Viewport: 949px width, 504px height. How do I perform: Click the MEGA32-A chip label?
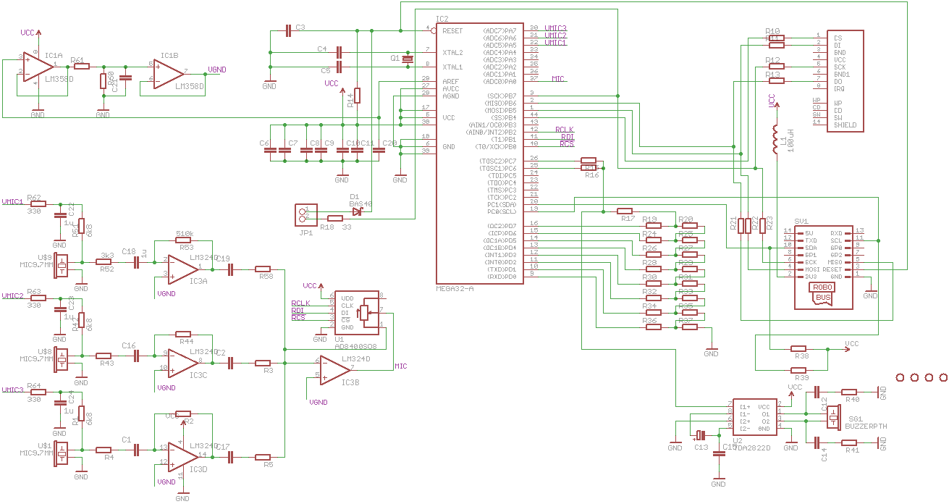coord(455,288)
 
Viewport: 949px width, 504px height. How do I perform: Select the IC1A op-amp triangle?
coord(34,65)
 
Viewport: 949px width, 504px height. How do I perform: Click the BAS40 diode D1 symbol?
coord(356,211)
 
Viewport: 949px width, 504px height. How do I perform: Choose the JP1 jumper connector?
coord(304,214)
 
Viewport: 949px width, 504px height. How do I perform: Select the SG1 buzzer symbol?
coord(833,418)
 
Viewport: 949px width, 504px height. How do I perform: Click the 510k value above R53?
coord(185,234)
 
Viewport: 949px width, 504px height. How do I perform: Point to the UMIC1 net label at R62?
coord(12,201)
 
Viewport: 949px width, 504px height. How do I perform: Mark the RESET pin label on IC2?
coord(452,31)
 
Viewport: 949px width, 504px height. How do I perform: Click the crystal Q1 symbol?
coord(408,59)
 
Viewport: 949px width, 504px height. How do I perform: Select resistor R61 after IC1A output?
coord(82,66)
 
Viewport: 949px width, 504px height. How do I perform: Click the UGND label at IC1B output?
coord(217,70)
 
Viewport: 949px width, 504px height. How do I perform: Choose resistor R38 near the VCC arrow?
coord(799,348)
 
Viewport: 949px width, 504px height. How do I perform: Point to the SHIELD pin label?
coord(845,125)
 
